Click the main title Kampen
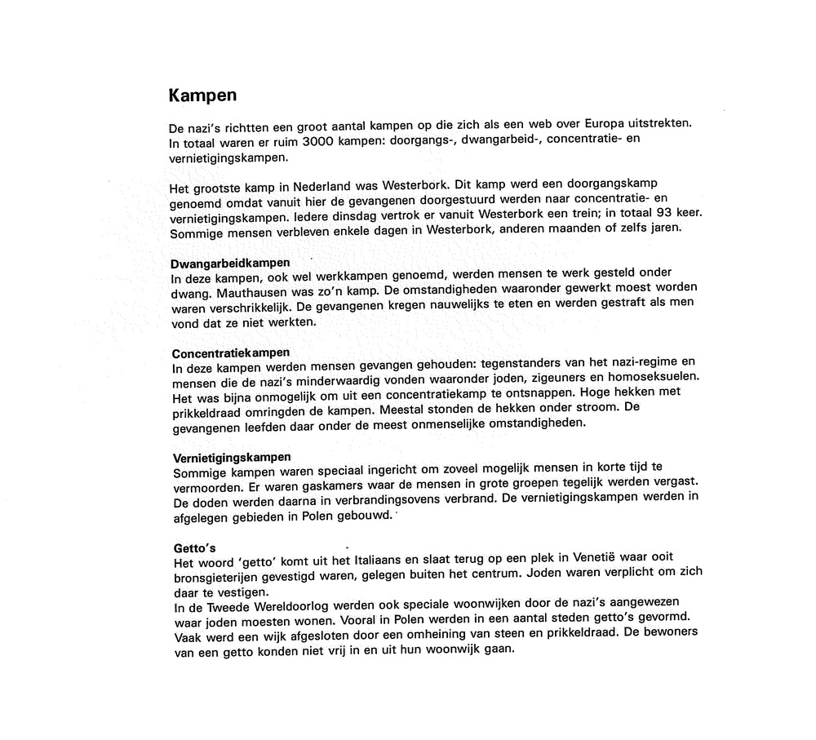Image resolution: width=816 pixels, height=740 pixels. coord(202,95)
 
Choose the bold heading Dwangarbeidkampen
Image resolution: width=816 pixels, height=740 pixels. coord(230,264)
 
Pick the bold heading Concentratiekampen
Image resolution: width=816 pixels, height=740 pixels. coord(231,353)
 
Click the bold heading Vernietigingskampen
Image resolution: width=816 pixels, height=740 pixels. coord(232,457)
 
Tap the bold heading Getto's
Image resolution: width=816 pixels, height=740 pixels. coord(194,548)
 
